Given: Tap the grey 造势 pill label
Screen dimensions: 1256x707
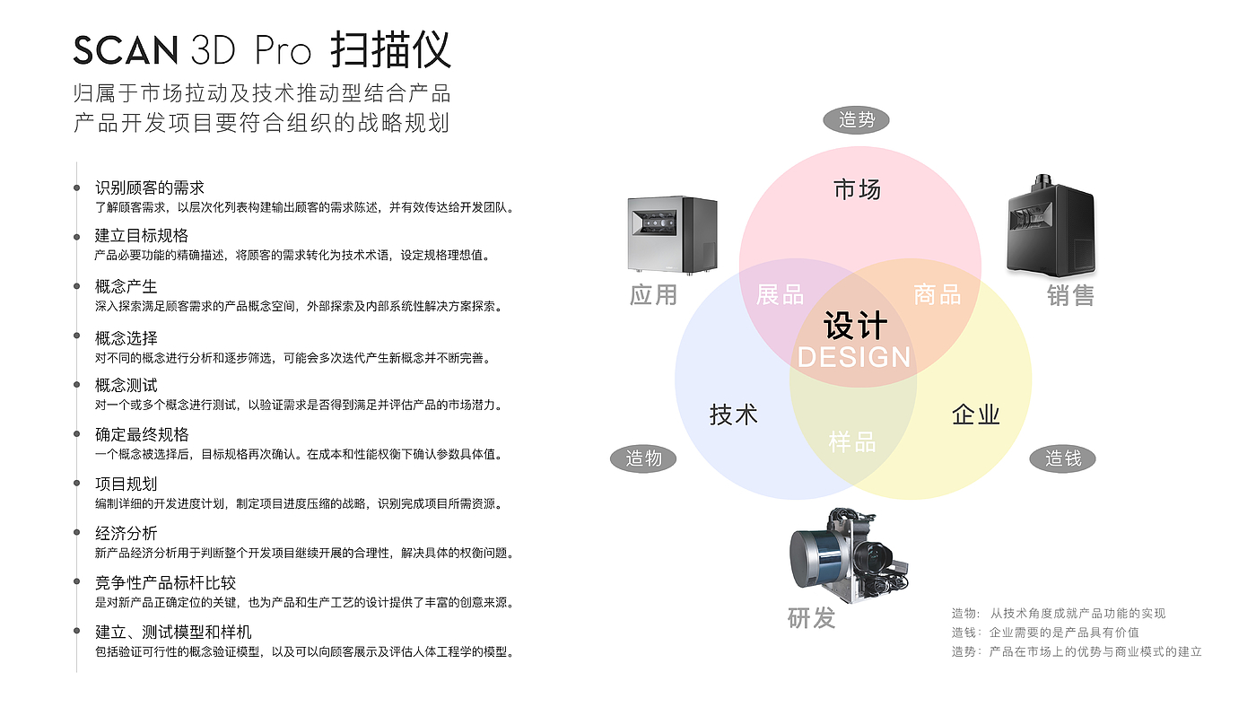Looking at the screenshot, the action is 856,119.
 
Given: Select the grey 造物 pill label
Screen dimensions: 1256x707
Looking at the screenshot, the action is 643,458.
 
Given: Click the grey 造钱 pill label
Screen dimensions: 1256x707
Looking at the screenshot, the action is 1063,458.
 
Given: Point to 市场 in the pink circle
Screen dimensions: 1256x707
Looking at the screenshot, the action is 857,189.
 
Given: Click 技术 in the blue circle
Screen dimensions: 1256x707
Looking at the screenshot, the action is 734,415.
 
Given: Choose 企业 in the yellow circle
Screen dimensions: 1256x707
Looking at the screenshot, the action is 975,415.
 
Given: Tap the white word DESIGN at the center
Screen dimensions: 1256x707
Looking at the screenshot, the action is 854,357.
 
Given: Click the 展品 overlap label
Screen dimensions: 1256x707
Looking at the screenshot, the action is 780,294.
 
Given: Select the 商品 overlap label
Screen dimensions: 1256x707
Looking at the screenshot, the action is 937,294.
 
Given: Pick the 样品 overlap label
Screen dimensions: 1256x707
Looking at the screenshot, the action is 852,441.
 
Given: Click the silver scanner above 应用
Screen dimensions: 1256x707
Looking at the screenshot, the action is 672,235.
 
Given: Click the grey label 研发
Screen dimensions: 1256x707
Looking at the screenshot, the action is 811,617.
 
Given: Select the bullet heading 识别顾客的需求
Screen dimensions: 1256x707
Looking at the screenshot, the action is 150,188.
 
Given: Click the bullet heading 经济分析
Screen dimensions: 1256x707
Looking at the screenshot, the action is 126,533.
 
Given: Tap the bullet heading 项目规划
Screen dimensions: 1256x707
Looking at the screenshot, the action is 126,484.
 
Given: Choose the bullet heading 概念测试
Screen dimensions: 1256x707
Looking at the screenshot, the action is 126,385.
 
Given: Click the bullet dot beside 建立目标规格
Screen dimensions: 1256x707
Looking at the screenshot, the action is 77,237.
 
